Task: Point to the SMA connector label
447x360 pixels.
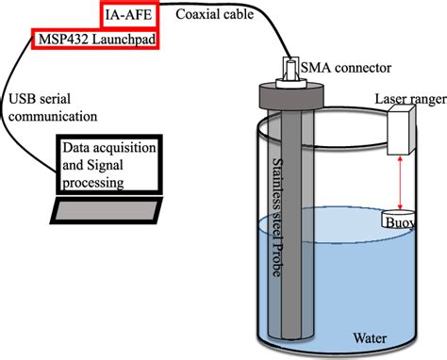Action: [x=345, y=66]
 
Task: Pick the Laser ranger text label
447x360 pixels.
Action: [x=406, y=97]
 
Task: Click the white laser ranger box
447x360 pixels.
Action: [x=402, y=128]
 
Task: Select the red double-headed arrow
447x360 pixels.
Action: [x=398, y=184]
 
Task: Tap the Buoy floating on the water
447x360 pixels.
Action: [x=400, y=221]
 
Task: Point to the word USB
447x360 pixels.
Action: [x=23, y=98]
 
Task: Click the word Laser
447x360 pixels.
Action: [x=391, y=97]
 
